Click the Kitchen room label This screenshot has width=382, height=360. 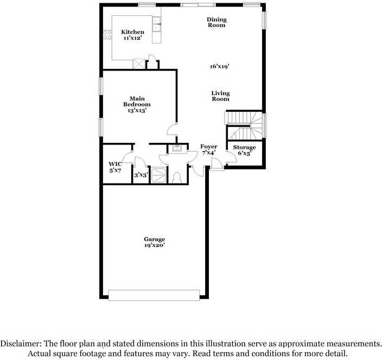132,32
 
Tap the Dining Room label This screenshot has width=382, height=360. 217,22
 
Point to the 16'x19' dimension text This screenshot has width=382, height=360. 220,66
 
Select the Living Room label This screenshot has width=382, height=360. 220,96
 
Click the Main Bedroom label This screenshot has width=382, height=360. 137,102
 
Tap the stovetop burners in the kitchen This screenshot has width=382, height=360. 107,35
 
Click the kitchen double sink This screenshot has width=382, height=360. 156,24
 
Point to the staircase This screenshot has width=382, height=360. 244,126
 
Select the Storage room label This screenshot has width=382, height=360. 244,147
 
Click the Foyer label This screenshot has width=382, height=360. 209,147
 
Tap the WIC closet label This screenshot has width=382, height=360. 115,164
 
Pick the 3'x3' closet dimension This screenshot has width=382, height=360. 141,175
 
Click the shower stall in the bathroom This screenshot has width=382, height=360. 158,175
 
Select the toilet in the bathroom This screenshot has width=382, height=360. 176,178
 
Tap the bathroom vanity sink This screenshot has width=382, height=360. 177,148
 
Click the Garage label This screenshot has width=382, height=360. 155,239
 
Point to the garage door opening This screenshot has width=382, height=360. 154,295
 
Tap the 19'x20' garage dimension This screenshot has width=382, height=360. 155,245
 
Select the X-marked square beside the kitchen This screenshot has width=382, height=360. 138,64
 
